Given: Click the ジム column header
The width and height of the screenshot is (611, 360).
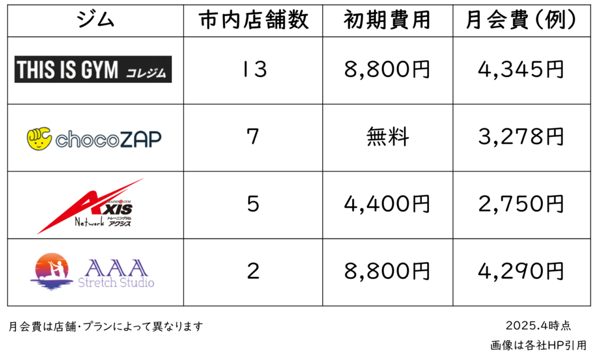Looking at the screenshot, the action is pos(95,20).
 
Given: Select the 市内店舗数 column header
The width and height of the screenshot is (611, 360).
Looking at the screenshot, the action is pos(253,20).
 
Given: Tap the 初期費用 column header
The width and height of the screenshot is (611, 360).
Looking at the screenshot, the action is pos(387,20).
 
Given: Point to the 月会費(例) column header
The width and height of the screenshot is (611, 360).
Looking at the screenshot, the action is pos(521,20).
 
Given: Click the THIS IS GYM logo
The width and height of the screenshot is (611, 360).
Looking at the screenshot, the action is pos(93,69).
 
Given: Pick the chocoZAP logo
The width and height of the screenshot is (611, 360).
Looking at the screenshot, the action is pos(94,139).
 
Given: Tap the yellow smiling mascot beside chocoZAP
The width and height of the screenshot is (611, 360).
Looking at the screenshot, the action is pos(39,139).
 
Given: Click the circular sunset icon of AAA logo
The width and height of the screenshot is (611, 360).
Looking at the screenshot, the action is pos(51,272).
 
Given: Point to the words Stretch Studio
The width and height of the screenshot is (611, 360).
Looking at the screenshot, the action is pos(116,282).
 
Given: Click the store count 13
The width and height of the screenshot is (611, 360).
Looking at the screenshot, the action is pos(254,69).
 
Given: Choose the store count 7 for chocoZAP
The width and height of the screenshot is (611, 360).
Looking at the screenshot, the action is pos(253,137).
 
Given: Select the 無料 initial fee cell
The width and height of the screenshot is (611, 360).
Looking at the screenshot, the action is pos(388,137).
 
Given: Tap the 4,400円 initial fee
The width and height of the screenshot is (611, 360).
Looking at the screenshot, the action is pos(387,204).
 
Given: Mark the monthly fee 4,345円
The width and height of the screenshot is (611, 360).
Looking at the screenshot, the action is pos(521,69).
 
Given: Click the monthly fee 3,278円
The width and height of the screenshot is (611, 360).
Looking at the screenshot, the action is pos(521,137).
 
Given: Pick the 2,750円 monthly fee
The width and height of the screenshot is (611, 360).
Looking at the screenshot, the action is pos(521,204).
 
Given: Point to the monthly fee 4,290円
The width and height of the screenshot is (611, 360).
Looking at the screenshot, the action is pos(521,271).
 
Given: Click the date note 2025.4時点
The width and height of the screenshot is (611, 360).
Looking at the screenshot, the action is pos(538,325).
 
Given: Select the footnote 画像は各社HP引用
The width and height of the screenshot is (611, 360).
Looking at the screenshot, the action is pos(538,345).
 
